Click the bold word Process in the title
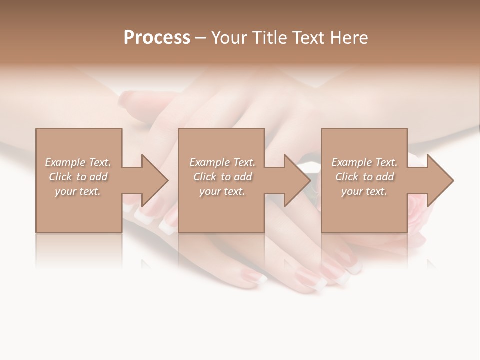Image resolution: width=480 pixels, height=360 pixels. (157, 38)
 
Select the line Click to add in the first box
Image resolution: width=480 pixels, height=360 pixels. (78, 177)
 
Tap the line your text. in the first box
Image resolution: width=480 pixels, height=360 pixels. (78, 191)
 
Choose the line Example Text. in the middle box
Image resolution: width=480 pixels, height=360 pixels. (222, 162)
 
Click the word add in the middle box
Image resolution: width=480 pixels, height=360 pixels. (243, 177)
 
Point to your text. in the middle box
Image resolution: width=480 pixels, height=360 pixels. (222, 191)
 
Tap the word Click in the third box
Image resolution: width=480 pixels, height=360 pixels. (347, 177)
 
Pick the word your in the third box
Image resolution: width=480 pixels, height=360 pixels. (352, 191)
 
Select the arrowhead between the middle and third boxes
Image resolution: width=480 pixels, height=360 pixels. (297, 180)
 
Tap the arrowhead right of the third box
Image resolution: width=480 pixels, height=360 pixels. (440, 180)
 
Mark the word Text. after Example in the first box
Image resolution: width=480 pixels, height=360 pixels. (100, 162)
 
